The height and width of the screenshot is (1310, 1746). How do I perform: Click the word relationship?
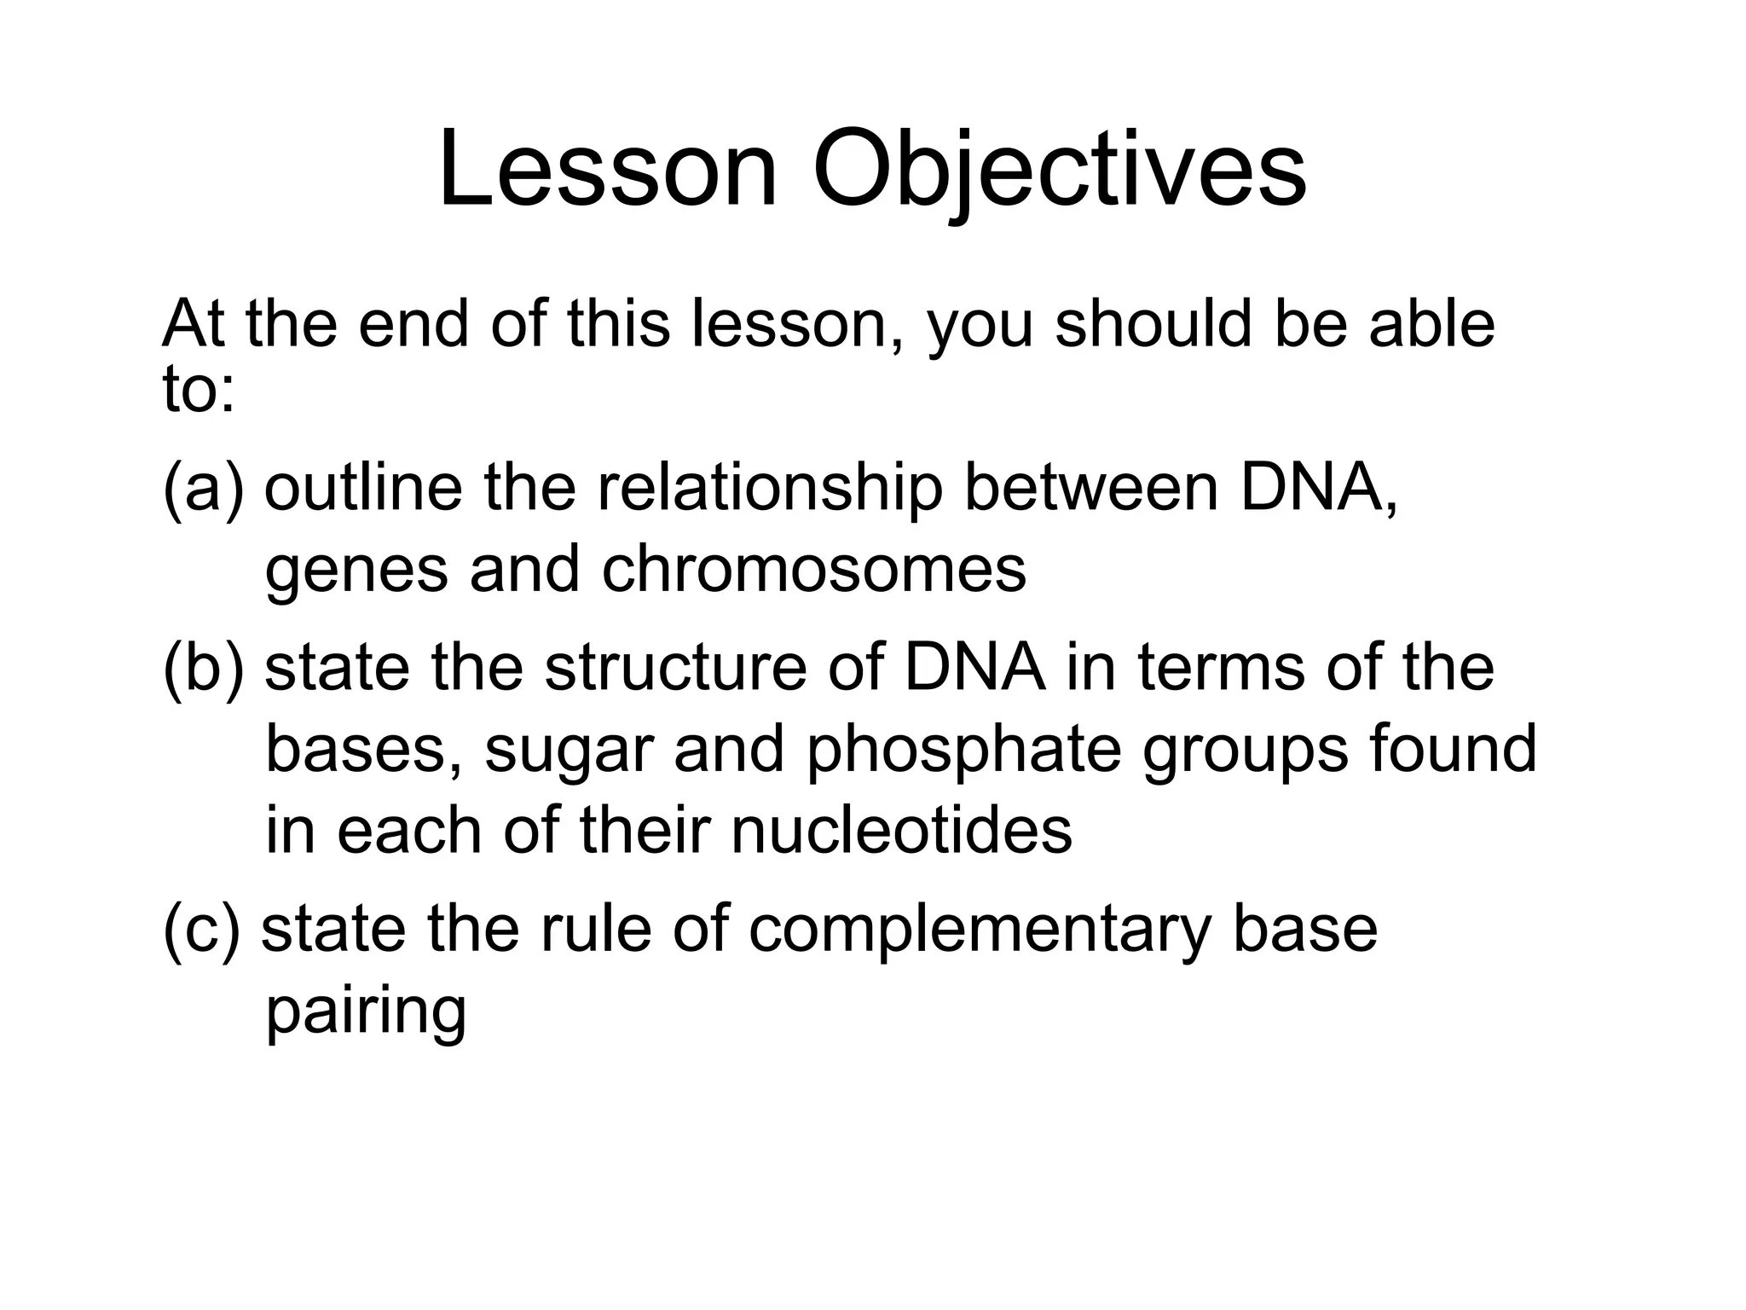(x=770, y=490)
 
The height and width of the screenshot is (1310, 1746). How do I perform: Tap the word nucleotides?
(x=901, y=831)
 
